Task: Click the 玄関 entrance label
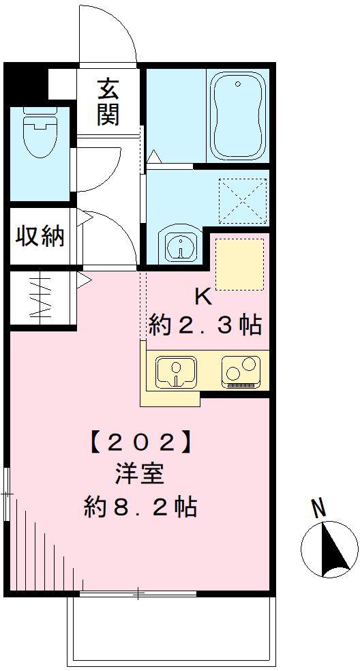(x=108, y=102)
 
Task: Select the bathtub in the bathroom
(x=238, y=116)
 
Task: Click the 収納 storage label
(x=40, y=236)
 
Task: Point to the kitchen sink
(x=176, y=371)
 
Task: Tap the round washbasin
(x=180, y=245)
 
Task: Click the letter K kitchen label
(x=203, y=297)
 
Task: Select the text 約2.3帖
(x=205, y=325)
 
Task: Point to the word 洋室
(x=140, y=474)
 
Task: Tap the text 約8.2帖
(x=140, y=506)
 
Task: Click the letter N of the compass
(x=318, y=507)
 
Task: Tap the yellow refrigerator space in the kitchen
(x=239, y=265)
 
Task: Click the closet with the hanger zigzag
(x=41, y=298)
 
